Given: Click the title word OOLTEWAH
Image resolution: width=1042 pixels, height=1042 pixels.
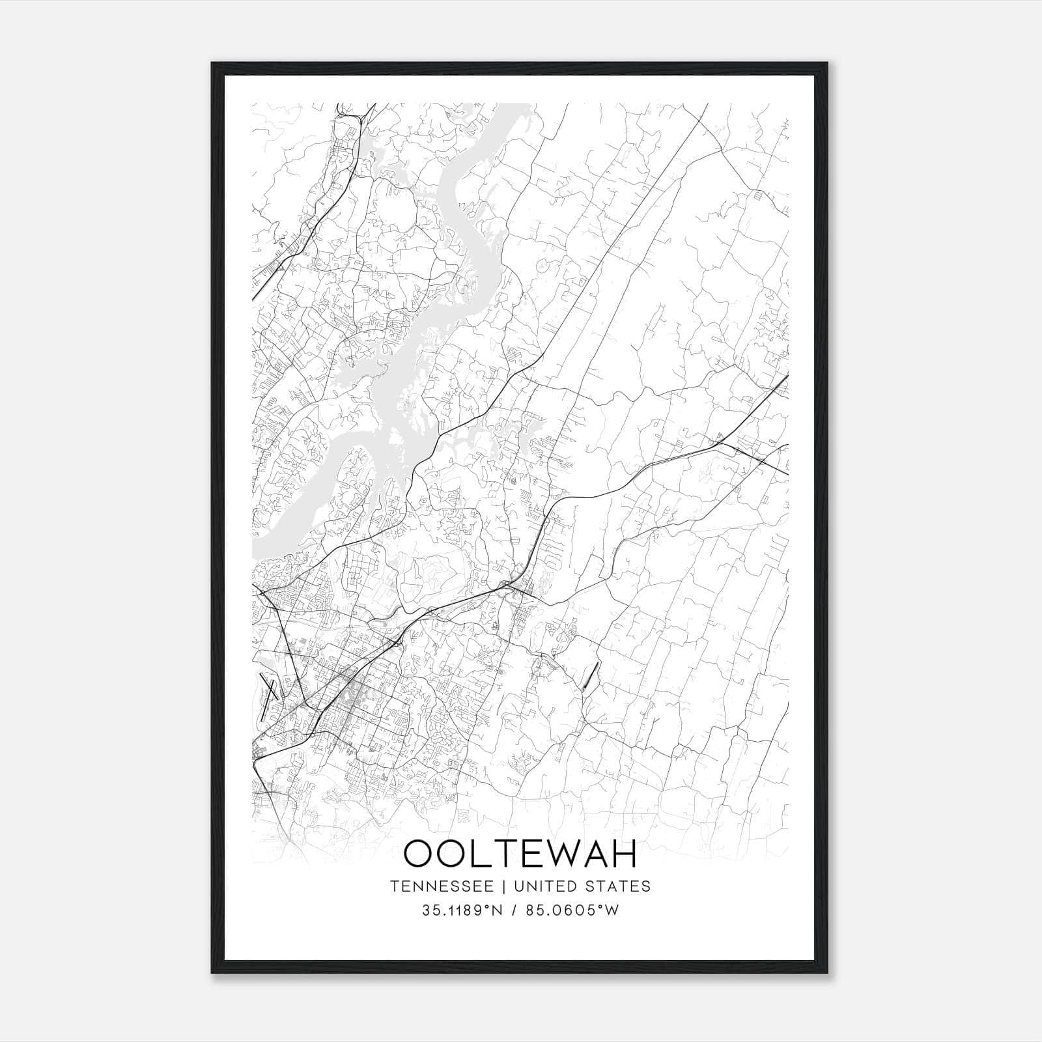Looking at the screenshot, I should (520, 854).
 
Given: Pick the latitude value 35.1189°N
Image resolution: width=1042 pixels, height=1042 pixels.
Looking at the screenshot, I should (460, 910).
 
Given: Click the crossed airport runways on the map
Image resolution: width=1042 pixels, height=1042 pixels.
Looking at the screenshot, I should (270, 688).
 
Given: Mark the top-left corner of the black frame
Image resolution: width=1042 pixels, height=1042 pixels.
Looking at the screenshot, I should (212, 64).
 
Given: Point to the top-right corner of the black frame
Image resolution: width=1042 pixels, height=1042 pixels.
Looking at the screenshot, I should (828, 64).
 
